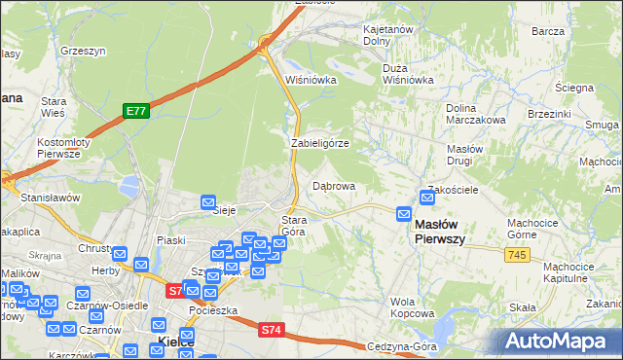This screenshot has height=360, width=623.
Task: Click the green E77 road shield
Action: [135, 112]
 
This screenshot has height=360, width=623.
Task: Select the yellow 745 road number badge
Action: [517, 254]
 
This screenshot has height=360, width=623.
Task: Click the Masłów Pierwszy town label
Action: [440, 232]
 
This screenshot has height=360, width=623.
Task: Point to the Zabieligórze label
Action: [320, 143]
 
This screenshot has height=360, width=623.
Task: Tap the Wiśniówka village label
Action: [310, 80]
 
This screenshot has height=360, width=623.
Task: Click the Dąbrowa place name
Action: [334, 185]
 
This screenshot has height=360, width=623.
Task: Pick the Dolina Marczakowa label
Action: [476, 114]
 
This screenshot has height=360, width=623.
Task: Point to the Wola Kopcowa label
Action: [412, 307]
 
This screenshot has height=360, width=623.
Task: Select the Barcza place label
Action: [549, 31]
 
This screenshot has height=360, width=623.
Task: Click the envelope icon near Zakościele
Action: [427, 198]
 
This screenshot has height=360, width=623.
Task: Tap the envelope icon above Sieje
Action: [208, 202]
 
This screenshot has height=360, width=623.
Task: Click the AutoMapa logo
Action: [560, 341]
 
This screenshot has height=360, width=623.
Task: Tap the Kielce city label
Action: [175, 342]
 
